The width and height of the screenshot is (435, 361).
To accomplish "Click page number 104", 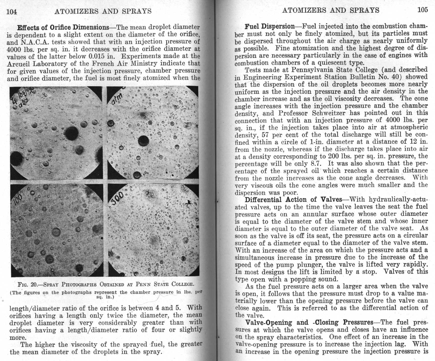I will pos(12,12).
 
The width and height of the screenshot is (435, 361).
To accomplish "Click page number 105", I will pos(423,10).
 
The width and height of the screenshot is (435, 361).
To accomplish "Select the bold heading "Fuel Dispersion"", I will pos(269,26).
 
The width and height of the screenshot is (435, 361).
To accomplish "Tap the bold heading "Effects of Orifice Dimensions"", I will pos(63,27).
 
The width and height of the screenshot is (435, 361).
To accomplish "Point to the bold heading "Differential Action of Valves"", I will pos(293,200).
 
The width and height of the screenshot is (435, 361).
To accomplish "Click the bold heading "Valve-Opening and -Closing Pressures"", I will pos(309,322).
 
